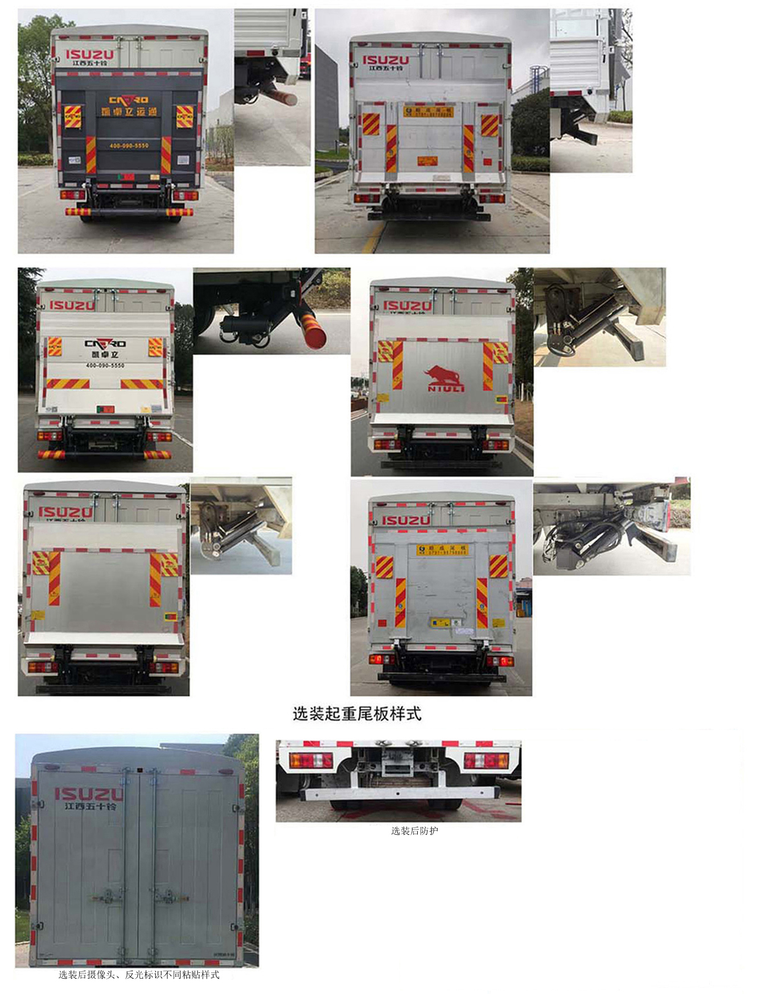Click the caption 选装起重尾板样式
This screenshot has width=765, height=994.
pos(357,713)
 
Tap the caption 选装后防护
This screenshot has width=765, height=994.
pos(414,831)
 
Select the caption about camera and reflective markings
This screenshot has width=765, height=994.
pos(138,975)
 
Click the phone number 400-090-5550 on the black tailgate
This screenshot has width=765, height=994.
pos(129,146)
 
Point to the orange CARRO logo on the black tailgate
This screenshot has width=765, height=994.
pos(129,100)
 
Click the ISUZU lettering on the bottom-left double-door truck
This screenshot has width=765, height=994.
pos(88,794)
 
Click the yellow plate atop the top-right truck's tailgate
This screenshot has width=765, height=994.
pos(428,111)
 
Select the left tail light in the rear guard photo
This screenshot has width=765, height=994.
pos(311,760)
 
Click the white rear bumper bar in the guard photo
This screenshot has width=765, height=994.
pos(398,793)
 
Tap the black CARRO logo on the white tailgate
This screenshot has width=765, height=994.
pos(105,343)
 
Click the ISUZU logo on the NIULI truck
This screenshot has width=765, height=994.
pos(406,306)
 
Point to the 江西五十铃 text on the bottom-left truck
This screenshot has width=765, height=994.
pos(90,806)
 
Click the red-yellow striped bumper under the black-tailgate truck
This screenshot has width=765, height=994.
pos(129,212)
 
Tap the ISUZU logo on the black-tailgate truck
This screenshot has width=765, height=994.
pos(90,55)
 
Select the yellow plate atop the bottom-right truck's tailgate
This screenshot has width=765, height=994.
pos(442,549)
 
